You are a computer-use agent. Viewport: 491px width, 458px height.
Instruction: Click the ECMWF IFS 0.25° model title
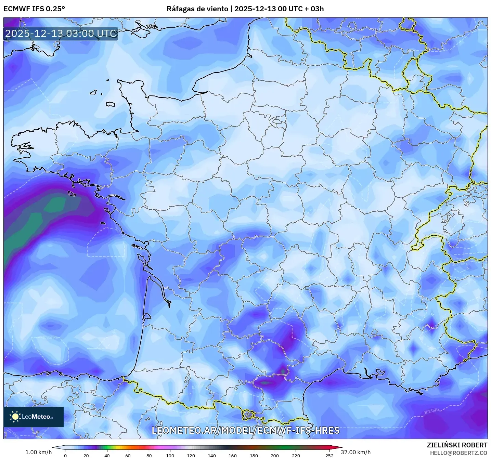click(34, 9)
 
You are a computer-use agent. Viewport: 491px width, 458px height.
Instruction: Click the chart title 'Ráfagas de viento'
click(197, 9)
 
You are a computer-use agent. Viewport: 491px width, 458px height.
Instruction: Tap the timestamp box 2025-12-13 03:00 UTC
click(61, 34)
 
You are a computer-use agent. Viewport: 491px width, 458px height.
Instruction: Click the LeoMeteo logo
click(34, 417)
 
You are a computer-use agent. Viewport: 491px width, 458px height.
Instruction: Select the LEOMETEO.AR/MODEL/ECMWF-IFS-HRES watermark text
click(245, 430)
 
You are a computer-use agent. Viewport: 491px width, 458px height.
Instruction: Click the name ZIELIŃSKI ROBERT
click(457, 445)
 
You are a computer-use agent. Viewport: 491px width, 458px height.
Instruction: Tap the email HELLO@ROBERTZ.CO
click(458, 453)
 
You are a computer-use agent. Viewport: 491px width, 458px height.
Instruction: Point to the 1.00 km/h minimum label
click(38, 452)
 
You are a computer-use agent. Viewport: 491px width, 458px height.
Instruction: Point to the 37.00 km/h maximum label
click(356, 452)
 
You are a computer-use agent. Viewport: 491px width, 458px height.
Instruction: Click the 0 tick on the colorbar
click(65, 455)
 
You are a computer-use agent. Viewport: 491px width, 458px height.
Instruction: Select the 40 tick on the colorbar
click(107, 455)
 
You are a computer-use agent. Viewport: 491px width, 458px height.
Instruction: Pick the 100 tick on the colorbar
click(170, 455)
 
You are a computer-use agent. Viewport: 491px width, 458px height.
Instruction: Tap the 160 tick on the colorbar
click(233, 455)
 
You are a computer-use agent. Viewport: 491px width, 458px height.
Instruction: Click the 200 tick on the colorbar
click(275, 455)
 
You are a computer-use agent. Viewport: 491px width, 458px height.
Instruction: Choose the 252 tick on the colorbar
click(329, 455)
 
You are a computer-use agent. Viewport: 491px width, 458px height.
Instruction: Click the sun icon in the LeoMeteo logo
click(15, 417)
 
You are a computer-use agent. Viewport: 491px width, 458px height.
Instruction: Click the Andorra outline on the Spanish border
click(248, 415)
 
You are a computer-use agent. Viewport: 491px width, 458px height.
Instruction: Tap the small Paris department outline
click(276, 120)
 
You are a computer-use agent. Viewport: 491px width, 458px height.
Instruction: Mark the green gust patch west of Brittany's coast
click(55, 205)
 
